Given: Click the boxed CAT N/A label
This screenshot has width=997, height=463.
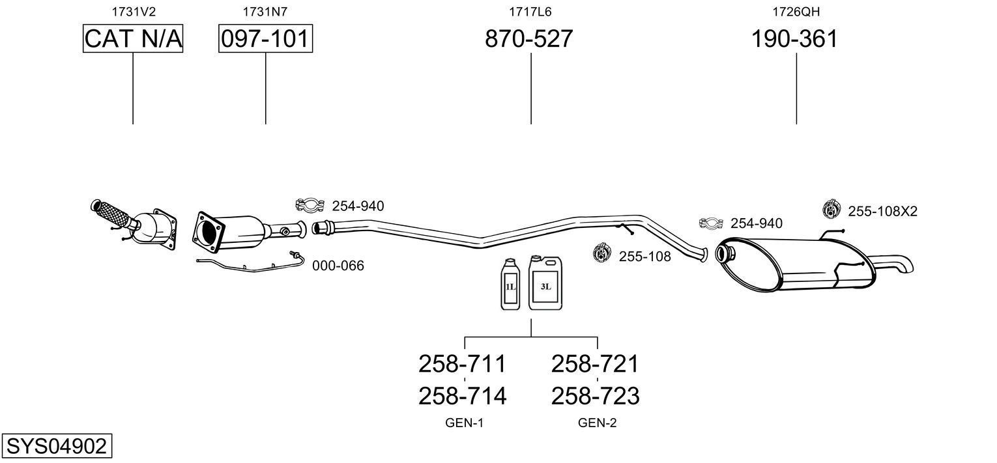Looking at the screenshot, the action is coord(133,38).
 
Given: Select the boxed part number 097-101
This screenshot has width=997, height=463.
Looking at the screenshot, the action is coord(265,38).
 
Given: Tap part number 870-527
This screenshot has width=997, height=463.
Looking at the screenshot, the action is coord(528,38).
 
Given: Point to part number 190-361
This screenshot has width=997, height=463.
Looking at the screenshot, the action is coord(795,38).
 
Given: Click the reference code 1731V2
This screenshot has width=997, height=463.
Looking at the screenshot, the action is coord(134,12).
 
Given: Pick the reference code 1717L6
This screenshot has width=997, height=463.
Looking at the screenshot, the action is coord(530,12).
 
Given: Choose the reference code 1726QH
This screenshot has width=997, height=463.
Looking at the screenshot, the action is coord(796,12).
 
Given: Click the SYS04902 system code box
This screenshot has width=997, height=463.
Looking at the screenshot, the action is coord(57,445).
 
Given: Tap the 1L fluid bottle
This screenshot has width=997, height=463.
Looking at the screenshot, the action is coord(510,284).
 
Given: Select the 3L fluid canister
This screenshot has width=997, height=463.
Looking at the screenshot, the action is coord(545,283).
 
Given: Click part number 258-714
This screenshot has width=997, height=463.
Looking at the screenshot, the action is coord(463,396).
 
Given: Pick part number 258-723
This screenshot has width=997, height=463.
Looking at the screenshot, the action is coord(595,396).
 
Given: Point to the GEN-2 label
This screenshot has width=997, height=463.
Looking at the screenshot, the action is coord(598,423).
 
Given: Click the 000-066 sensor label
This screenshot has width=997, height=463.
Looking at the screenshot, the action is coord(338,266).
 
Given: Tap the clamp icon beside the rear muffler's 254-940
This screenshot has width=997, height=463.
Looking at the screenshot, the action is coord(711,224).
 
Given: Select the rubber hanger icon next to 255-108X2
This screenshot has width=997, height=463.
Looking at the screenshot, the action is coord(831,209).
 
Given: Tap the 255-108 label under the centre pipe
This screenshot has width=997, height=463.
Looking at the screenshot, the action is coord(645,257).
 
